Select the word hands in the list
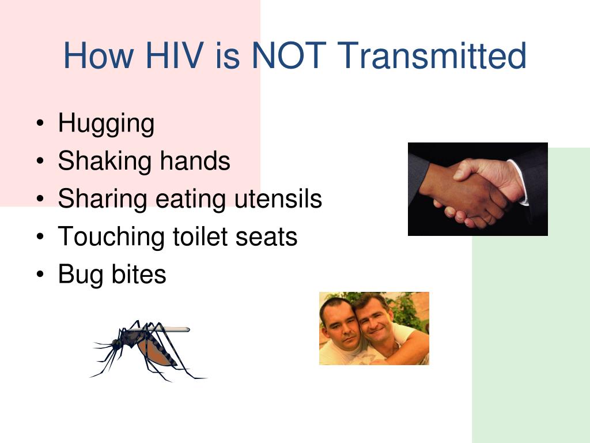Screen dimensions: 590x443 point(195,160)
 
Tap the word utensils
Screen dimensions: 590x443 point(278,198)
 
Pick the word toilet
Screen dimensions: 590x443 point(200,236)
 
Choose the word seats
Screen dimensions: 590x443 point(266,237)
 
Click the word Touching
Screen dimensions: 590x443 point(111,237)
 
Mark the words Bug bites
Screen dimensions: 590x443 point(112,275)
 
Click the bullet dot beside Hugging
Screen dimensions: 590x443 point(40,123)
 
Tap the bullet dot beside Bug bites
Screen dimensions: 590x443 point(40,274)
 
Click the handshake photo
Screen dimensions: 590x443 point(478,189)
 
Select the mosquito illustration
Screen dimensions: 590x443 point(149,350)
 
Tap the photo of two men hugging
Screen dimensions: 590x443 point(374,328)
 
